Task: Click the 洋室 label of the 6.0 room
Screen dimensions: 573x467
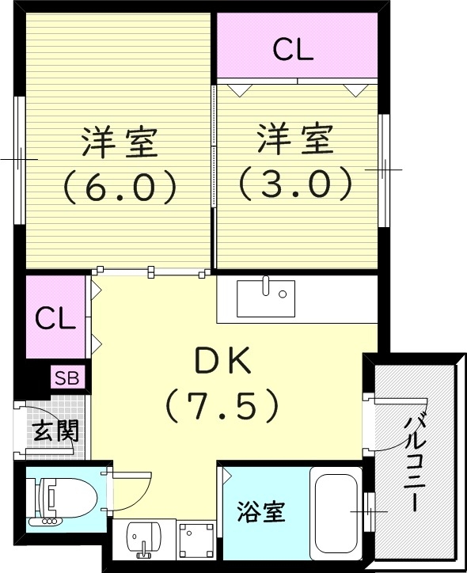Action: coord(119,142)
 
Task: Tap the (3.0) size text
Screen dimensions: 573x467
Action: coord(294,184)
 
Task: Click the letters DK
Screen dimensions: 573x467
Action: coord(222,363)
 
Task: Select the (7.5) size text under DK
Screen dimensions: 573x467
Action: coord(222,407)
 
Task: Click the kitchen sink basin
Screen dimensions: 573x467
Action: coord(266,298)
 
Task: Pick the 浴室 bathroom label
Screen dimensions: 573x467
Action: coord(260,512)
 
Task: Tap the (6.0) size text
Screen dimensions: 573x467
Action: coord(119,187)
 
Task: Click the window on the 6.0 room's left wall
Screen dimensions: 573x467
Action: coord(19,159)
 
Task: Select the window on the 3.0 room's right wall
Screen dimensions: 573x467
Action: coord(383,169)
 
